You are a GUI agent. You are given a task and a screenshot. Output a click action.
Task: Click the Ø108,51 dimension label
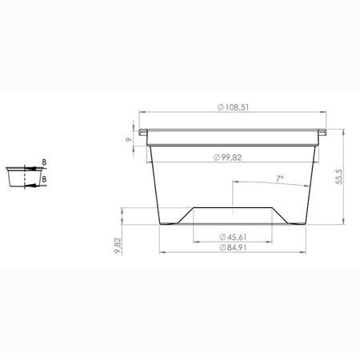tap(233, 107)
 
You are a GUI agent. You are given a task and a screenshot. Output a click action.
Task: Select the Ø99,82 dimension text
tap(227, 158)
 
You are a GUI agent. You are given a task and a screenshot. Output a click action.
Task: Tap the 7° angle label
tap(280, 178)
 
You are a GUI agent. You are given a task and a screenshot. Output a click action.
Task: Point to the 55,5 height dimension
tap(339, 177)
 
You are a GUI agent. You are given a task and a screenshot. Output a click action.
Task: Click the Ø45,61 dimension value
tap(233, 237)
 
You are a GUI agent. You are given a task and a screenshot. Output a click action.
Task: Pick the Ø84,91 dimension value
tap(233, 247)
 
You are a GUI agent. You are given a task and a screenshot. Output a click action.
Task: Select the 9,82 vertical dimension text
tap(118, 246)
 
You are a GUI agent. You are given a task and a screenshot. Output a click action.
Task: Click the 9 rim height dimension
tap(129, 139)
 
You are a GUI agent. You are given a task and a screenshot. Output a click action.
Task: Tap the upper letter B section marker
tap(44, 162)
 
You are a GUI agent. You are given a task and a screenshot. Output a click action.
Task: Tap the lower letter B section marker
tap(44, 179)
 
